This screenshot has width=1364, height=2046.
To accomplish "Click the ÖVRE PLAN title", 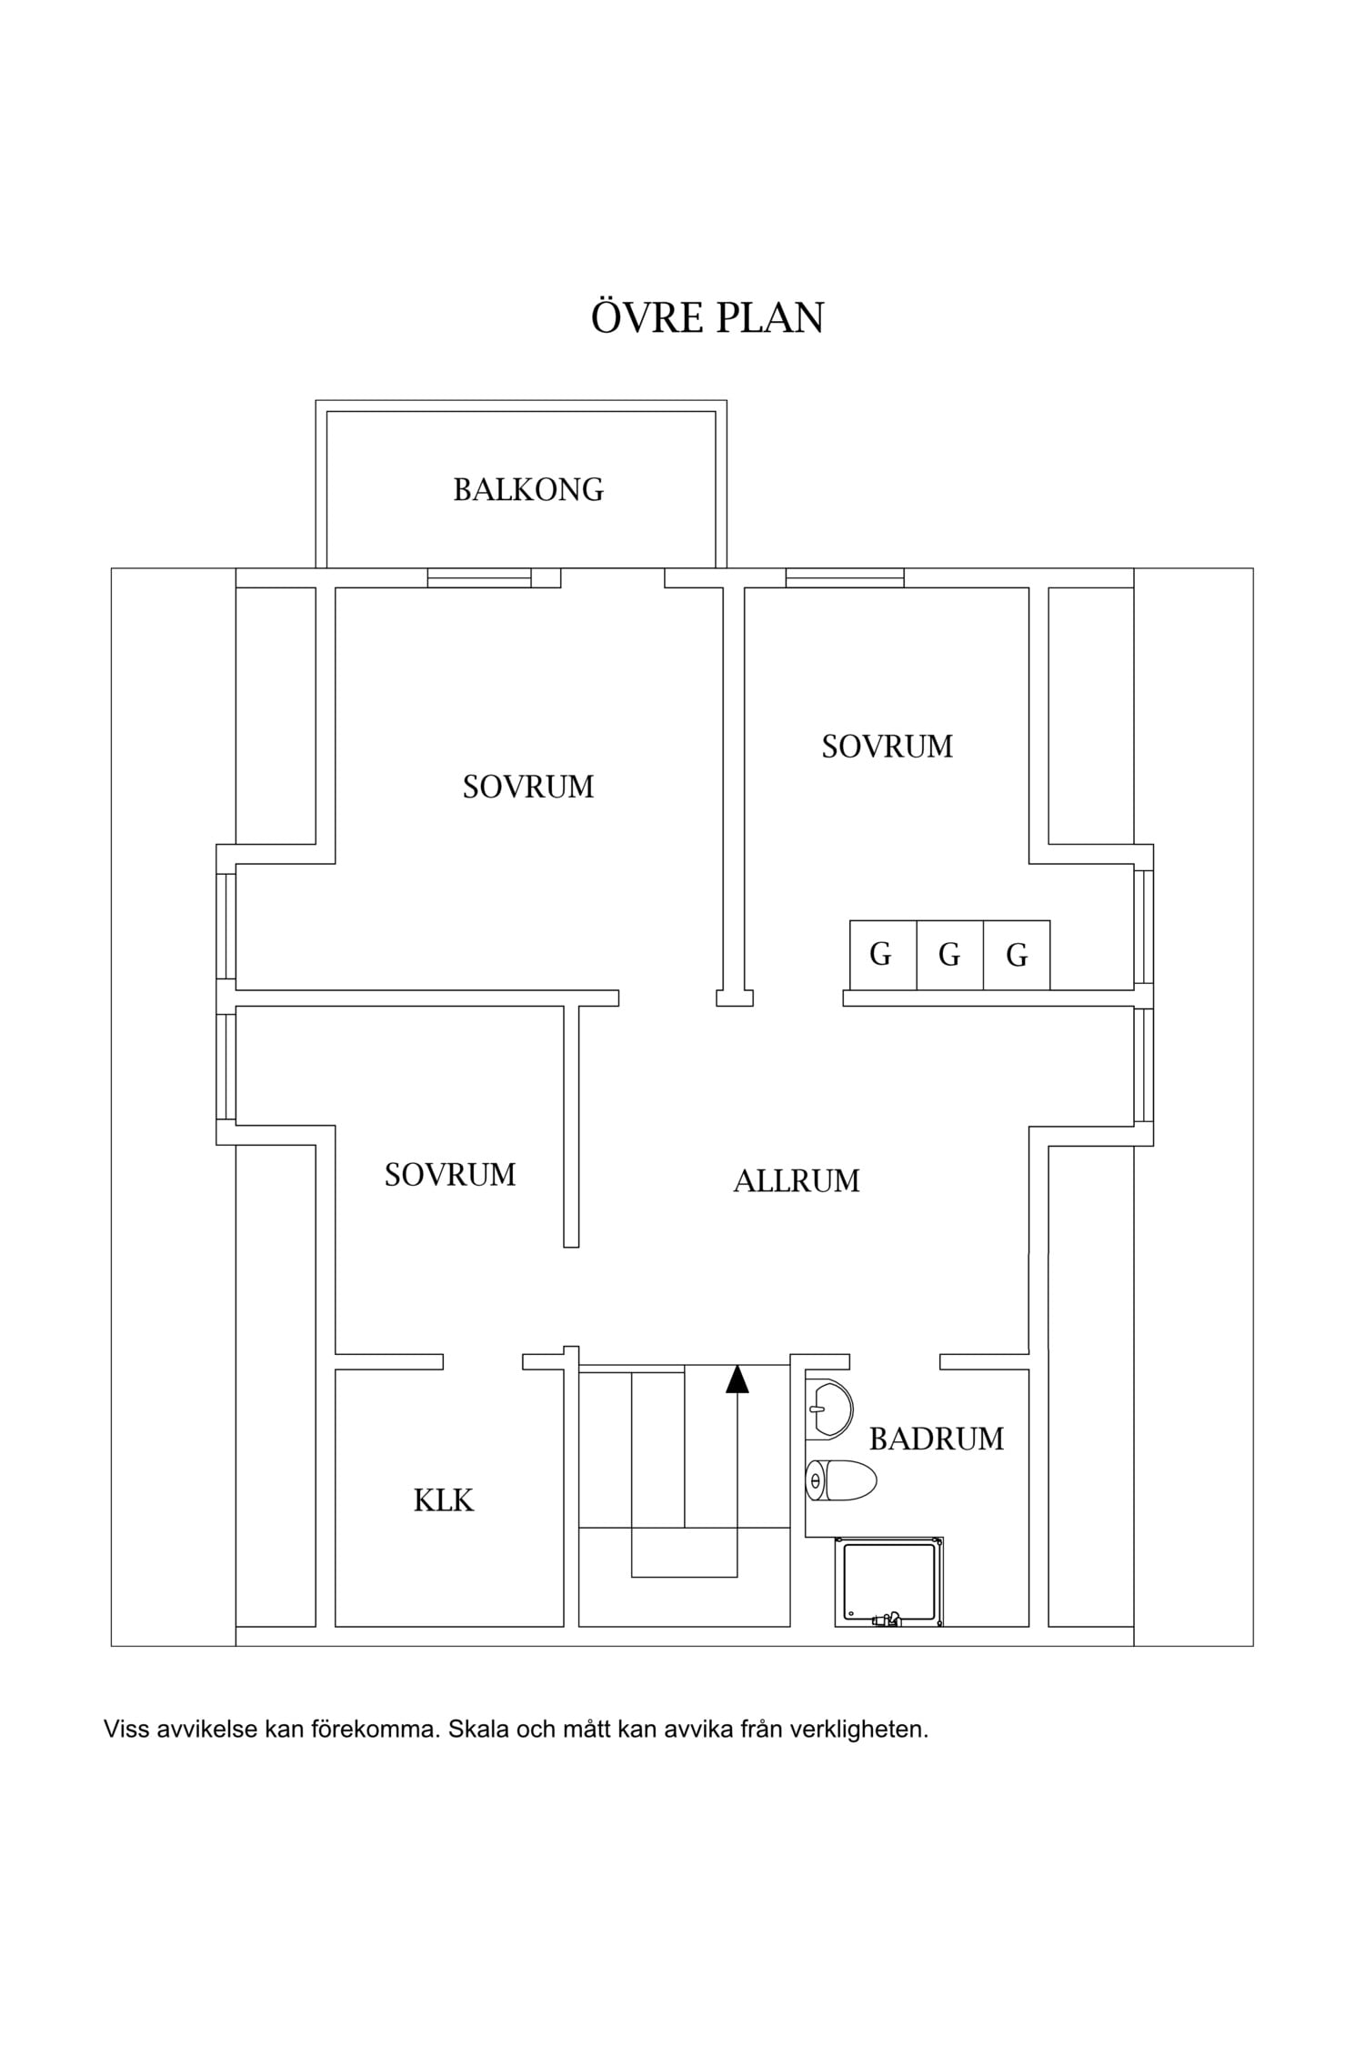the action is [707, 316].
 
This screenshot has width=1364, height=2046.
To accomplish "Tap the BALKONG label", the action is [528, 490].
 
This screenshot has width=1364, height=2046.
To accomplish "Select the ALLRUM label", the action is [797, 1181].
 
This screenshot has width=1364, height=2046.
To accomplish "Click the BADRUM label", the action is [937, 1439].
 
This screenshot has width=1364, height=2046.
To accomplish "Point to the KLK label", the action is [444, 1500].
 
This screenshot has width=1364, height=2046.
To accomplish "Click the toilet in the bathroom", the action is [841, 1480].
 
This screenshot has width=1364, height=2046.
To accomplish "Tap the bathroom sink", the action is [829, 1409].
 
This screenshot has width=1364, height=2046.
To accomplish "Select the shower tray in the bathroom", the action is [889, 1582].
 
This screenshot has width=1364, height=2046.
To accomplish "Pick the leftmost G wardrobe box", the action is [883, 955].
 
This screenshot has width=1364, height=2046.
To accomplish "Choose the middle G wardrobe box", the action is [950, 955].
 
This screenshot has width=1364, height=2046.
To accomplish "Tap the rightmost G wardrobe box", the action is [1017, 955].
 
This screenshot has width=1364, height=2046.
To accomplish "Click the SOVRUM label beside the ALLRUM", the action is [450, 1175].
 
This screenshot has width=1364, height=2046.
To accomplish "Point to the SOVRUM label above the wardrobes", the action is [888, 747].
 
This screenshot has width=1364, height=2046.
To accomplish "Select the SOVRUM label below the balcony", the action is [528, 787].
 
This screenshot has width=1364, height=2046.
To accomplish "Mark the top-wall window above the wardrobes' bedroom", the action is [845, 577].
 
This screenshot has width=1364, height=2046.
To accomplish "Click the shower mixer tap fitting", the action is [886, 1619].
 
